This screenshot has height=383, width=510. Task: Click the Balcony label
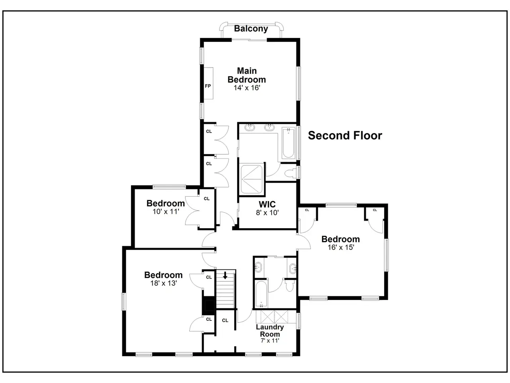tap(251, 29)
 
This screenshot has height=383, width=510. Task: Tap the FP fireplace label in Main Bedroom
tap(208, 86)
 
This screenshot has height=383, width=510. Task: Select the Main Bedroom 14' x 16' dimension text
tap(247, 88)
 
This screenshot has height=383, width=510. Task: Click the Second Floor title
tap(345, 135)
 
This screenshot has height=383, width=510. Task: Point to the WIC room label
tap(267, 204)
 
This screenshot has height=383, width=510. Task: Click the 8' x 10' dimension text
tap(267, 212)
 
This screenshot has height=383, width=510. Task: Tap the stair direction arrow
tap(225, 275)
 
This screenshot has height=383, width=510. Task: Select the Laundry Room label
tap(270, 330)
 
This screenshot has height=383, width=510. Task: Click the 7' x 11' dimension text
tap(270, 341)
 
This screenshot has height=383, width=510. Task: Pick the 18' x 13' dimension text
tap(164, 283)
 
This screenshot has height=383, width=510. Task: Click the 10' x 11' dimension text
tap(166, 211)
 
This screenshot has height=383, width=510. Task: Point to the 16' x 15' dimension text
tap(341, 247)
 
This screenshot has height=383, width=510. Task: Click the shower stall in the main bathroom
tap(252, 179)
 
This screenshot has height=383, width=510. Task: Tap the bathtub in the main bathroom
tap(288, 143)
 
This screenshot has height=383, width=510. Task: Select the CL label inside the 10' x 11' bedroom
tap(206, 199)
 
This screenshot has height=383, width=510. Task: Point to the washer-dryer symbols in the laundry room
tap(274, 316)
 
